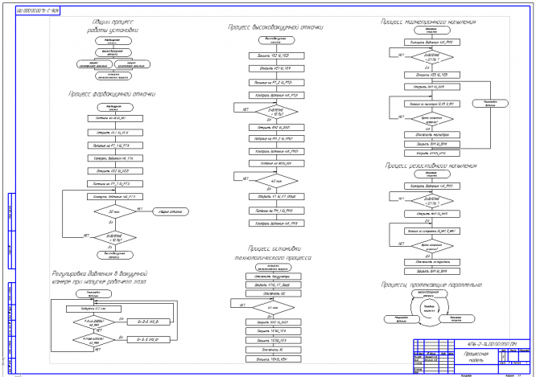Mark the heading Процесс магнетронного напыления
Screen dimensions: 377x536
pyautogui.click(x=426, y=18)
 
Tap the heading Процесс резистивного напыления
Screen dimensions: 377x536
pyautogui.click(x=426, y=168)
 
